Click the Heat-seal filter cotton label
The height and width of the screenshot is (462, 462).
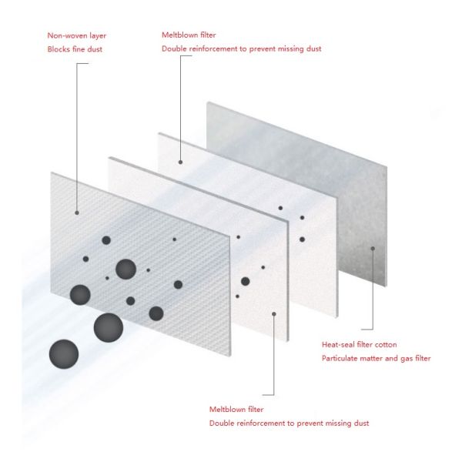click(x=360, y=344)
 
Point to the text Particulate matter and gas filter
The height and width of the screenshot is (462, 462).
click(x=376, y=358)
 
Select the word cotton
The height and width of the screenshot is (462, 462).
click(x=385, y=344)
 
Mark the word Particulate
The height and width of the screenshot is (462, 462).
click(x=340, y=358)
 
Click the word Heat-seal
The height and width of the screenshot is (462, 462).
click(x=339, y=344)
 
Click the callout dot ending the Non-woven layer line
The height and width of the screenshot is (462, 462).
click(x=77, y=212)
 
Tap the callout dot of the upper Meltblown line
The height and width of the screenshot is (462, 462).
click(x=180, y=162)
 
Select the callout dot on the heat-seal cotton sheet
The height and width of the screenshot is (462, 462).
click(x=373, y=248)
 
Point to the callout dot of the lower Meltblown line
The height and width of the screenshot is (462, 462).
click(x=275, y=314)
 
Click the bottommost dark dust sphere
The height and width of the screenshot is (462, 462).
click(x=64, y=354)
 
